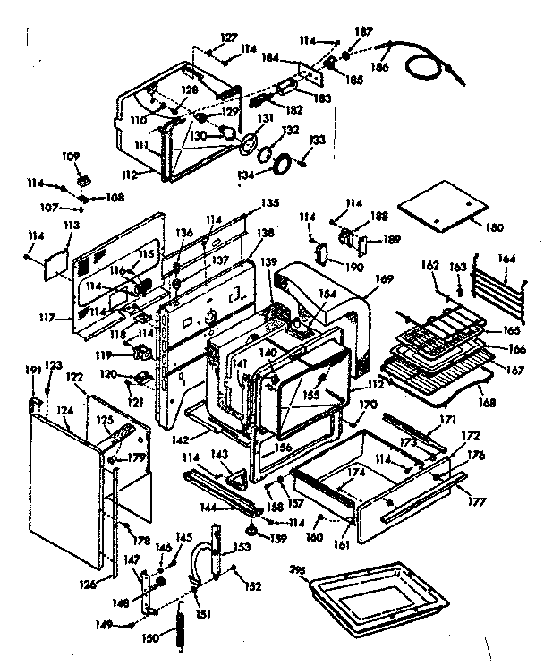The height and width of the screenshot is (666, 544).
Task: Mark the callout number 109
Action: point(70,156)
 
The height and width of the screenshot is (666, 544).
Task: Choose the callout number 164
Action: point(506,260)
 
